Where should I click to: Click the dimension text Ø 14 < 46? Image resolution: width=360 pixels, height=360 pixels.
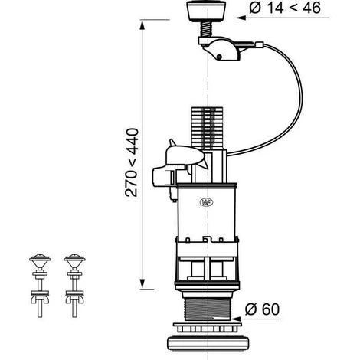point(285,8)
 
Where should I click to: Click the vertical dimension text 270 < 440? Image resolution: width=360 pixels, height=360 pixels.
point(132,162)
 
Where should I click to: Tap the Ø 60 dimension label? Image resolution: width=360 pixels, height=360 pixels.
point(262,309)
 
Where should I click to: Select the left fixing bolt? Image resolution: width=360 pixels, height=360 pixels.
point(40,286)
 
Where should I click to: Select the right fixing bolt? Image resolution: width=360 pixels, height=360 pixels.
point(74,286)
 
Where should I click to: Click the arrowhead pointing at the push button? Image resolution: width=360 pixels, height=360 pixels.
point(241,18)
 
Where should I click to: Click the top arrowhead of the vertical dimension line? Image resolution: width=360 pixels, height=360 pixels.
point(142,25)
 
